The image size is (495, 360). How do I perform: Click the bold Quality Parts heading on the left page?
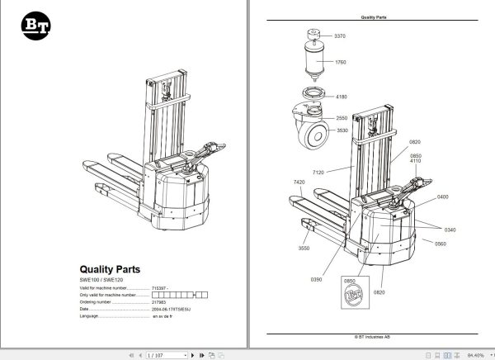[x=109, y=268]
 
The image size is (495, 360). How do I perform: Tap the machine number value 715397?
[x=159, y=288]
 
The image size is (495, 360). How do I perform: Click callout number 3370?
[x=340, y=36]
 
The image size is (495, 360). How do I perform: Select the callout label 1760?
[x=340, y=63]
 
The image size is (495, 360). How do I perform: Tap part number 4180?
[x=340, y=97]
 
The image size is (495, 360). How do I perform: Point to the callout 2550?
[x=342, y=117]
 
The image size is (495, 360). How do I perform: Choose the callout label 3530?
[x=342, y=130]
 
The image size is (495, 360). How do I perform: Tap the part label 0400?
[x=443, y=197]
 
